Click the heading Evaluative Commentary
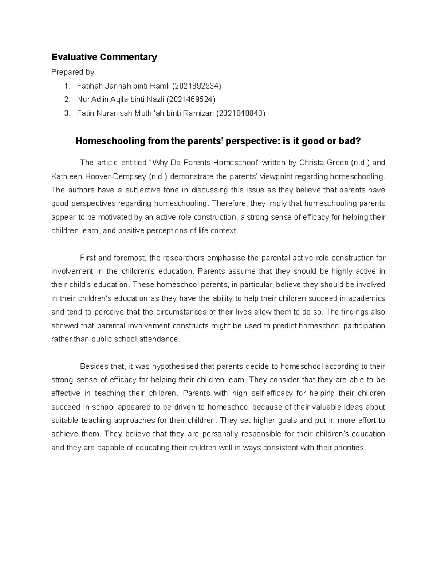point(104,57)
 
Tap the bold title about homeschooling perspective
point(218,141)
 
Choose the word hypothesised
point(176,366)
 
